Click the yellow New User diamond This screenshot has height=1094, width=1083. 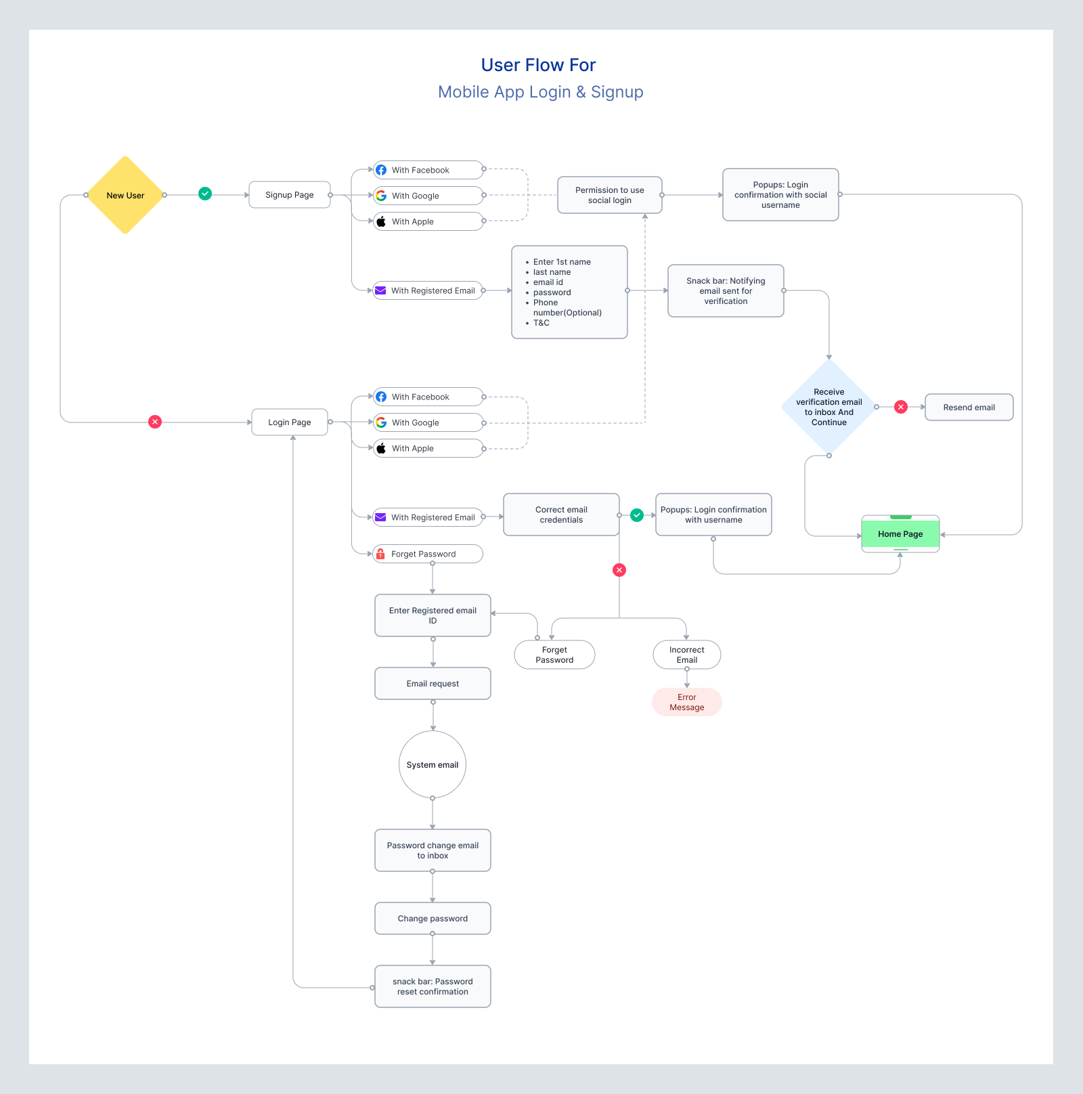[125, 195]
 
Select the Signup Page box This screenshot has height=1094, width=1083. [289, 195]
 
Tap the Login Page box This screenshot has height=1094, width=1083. [289, 422]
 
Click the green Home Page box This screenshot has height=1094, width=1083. [900, 534]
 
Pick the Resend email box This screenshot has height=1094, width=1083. [969, 408]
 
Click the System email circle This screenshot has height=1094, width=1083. [433, 765]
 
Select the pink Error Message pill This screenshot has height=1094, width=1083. [686, 702]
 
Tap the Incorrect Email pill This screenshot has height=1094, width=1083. [686, 655]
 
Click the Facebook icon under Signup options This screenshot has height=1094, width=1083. [381, 170]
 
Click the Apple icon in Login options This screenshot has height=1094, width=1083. [381, 448]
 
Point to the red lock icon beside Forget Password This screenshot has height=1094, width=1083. [380, 554]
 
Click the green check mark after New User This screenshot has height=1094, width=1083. [205, 194]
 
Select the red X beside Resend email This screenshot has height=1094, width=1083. [901, 407]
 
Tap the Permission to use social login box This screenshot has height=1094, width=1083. [609, 195]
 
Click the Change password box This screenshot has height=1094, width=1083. [433, 919]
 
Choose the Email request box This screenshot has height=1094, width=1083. [433, 684]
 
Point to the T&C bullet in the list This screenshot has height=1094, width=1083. [541, 323]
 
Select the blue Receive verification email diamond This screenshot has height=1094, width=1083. [828, 407]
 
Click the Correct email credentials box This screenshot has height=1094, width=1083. [561, 515]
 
